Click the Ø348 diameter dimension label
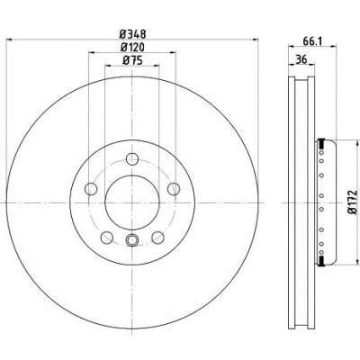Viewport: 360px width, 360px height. point(132,34)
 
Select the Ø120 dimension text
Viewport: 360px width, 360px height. point(132,48)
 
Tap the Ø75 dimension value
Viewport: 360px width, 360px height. point(132,60)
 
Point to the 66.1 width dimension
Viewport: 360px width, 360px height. point(312,41)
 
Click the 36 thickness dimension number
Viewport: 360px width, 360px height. point(301,59)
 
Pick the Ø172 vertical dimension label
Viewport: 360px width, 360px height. point(353,202)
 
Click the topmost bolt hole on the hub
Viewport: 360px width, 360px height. point(132,159)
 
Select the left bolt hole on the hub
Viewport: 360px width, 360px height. point(91,189)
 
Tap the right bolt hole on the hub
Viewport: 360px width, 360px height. point(174,189)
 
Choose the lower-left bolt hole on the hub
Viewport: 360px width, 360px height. point(107,238)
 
